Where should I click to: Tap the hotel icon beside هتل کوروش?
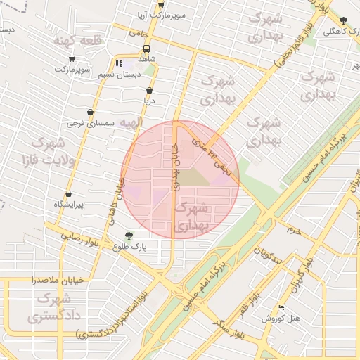point(282,307)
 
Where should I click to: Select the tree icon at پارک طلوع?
point(128,236)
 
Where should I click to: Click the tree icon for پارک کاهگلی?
point(342,20)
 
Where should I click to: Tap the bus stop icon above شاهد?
point(146,49)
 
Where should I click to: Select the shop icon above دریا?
point(149,91)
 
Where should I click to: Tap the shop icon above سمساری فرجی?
point(90,112)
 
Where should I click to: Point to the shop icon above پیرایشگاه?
point(68,194)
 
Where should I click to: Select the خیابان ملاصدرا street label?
point(58,280)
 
